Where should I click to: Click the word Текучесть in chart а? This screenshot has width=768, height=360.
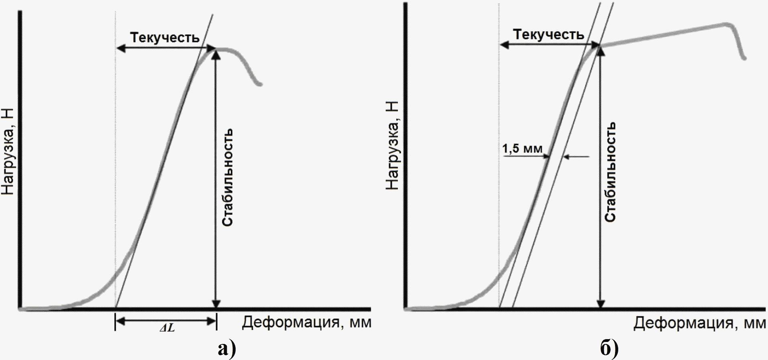[x=165, y=37]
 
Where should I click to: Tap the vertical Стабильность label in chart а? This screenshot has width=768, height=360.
[x=228, y=177]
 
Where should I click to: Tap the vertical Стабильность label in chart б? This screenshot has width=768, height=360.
[x=610, y=172]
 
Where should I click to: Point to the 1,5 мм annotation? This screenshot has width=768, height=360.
[x=522, y=148]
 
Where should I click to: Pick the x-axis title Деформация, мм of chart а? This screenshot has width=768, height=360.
[x=307, y=322]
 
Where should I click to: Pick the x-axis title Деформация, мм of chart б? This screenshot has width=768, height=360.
[x=699, y=323]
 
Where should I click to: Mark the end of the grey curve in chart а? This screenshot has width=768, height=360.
[x=261, y=84]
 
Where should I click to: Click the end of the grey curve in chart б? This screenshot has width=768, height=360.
[x=744, y=58]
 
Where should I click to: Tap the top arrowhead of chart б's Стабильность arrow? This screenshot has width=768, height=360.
[x=600, y=50]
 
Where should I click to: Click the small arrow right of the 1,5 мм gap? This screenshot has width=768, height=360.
[x=576, y=157]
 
